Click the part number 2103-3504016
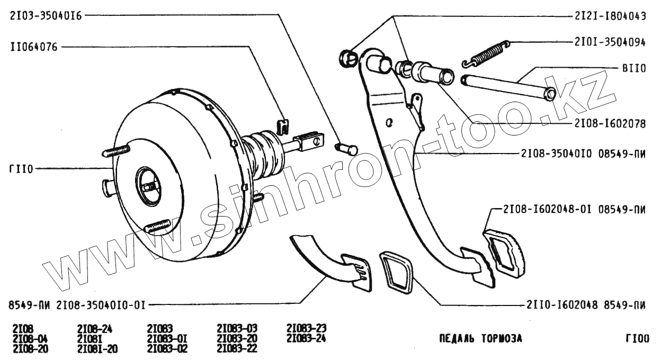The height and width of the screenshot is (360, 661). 46,16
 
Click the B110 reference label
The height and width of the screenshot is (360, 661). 633,68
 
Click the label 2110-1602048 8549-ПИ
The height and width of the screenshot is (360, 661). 586,305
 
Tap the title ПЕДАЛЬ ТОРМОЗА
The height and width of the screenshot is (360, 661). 480,338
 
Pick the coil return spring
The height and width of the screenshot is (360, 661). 485,53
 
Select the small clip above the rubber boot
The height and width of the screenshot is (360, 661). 283,127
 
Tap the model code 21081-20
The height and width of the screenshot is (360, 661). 97,348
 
